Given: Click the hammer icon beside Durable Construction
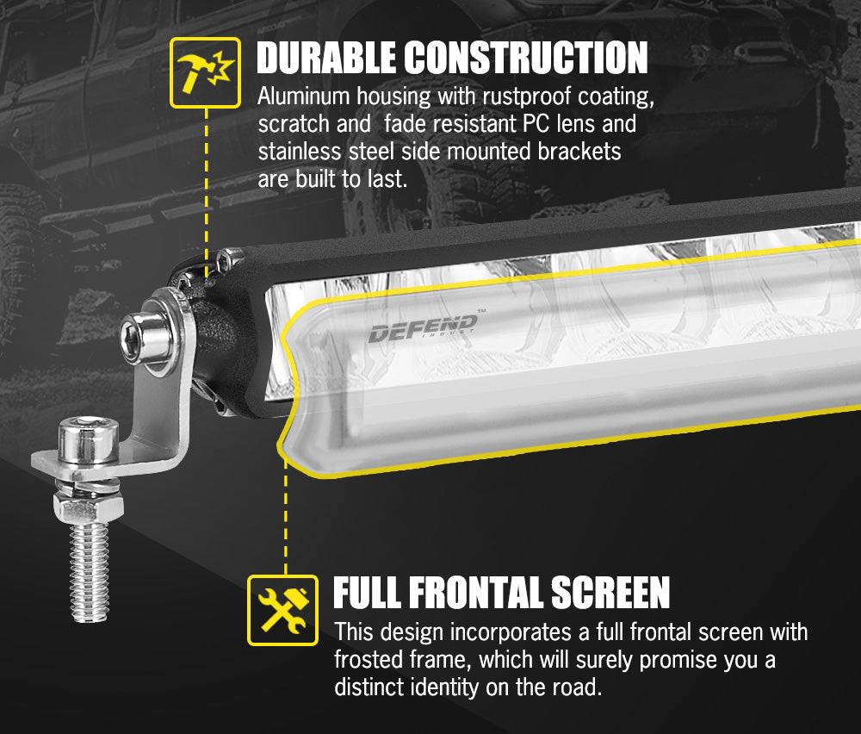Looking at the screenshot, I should coord(205,72).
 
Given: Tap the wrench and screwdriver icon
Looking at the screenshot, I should coord(282,610).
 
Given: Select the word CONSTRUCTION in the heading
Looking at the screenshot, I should coord(526,58).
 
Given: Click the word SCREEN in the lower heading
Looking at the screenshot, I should coord(610,594).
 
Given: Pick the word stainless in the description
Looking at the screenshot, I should coord(298,152).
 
